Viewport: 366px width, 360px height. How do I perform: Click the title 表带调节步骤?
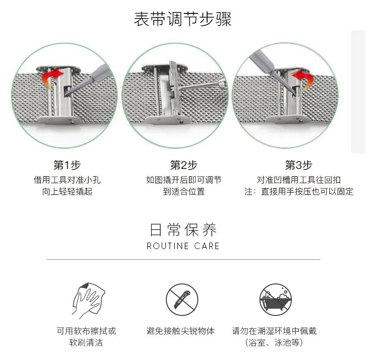[183, 19]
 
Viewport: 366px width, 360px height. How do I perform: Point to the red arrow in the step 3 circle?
[303, 78]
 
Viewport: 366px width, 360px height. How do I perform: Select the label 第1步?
[67, 165]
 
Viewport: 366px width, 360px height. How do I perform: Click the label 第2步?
[184, 165]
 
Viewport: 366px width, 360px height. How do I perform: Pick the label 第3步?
[298, 165]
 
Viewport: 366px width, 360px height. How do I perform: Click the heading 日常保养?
[183, 230]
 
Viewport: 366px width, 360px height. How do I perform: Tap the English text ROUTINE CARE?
[183, 246]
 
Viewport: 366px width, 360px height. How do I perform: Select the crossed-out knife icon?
[182, 299]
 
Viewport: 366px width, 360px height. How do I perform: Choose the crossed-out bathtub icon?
[276, 299]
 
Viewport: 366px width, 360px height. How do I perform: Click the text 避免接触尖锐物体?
[180, 331]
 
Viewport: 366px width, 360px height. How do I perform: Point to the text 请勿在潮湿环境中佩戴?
[274, 331]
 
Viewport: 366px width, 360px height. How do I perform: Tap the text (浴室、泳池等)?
[274, 343]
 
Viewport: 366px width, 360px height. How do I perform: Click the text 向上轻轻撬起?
[67, 192]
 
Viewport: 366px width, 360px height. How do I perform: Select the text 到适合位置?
[184, 192]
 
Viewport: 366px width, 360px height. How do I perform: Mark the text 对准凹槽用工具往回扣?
[298, 180]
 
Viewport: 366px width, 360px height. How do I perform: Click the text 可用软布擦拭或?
[86, 331]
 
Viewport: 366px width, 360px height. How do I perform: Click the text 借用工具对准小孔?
[67, 180]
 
